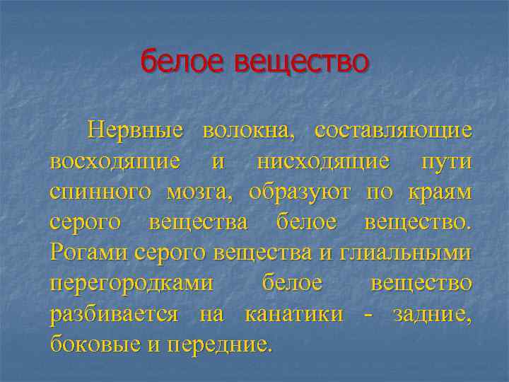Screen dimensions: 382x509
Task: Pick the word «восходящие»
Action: (x=115, y=161)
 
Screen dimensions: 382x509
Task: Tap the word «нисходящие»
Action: (x=322, y=161)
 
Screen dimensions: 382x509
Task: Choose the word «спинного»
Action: (x=100, y=192)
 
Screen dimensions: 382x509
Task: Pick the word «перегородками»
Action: (x=131, y=283)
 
